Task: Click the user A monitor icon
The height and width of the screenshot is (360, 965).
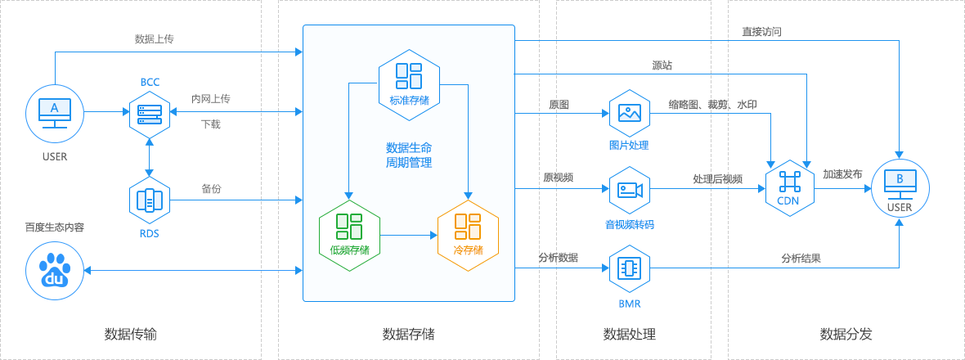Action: click(54, 113)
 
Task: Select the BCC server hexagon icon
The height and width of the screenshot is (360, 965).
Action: click(150, 113)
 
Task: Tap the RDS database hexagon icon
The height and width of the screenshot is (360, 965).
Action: click(150, 200)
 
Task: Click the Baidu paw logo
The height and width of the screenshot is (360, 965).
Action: click(55, 272)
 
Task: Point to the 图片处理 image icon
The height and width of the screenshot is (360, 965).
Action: click(630, 113)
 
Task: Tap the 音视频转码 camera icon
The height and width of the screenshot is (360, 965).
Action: click(630, 190)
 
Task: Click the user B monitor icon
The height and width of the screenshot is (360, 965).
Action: click(900, 186)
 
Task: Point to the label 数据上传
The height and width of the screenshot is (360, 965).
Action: click(154, 38)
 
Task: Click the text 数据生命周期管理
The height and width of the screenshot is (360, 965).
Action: click(409, 155)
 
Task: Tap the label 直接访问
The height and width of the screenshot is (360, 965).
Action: click(762, 31)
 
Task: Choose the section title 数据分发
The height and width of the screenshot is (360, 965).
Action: click(846, 334)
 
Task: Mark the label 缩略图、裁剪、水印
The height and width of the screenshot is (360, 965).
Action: click(712, 105)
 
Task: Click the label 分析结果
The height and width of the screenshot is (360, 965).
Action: click(801, 259)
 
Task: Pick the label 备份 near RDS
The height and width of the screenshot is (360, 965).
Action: click(211, 189)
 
